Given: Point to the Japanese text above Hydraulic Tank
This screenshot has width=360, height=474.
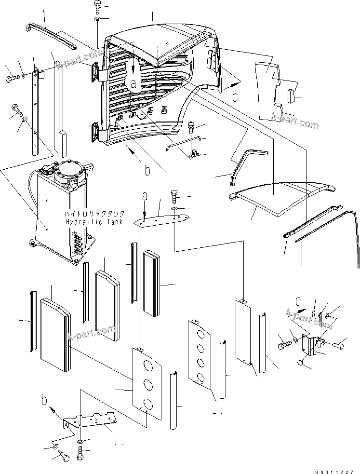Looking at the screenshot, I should tap(95, 214).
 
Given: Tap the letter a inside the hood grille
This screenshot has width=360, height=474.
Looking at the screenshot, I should tap(133, 83).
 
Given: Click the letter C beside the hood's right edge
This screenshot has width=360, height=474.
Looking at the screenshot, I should tap(235, 97).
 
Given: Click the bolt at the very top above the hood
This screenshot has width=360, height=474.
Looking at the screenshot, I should tap(97, 7).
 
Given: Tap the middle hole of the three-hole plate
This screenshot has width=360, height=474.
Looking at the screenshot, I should tap(148, 384).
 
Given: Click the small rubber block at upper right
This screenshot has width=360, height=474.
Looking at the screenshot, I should tap(291, 95).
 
